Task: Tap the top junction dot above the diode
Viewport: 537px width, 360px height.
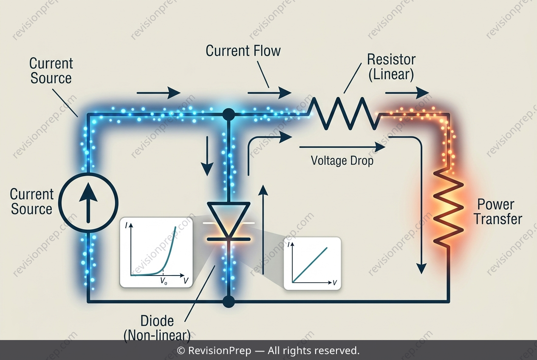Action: point(229,115)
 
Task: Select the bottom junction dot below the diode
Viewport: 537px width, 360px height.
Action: point(229,301)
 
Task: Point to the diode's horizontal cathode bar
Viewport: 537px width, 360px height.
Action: point(229,239)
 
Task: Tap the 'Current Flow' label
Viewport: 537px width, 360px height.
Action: point(243,51)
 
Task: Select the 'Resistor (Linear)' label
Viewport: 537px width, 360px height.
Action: point(391,67)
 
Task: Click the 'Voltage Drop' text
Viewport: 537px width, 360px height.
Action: point(342,160)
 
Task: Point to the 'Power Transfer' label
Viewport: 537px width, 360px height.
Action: point(498,212)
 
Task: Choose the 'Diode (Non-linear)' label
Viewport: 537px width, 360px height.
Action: point(157,328)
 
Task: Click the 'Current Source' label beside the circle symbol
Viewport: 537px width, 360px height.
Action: point(31,201)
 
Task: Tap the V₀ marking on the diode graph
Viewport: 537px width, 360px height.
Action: point(164,281)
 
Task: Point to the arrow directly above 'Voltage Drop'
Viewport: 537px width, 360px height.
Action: point(342,147)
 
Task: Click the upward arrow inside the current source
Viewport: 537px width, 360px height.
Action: point(88,202)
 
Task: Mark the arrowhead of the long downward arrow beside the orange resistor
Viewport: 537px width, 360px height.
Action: point(421,269)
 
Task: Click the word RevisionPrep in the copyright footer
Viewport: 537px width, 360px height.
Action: point(220,351)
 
